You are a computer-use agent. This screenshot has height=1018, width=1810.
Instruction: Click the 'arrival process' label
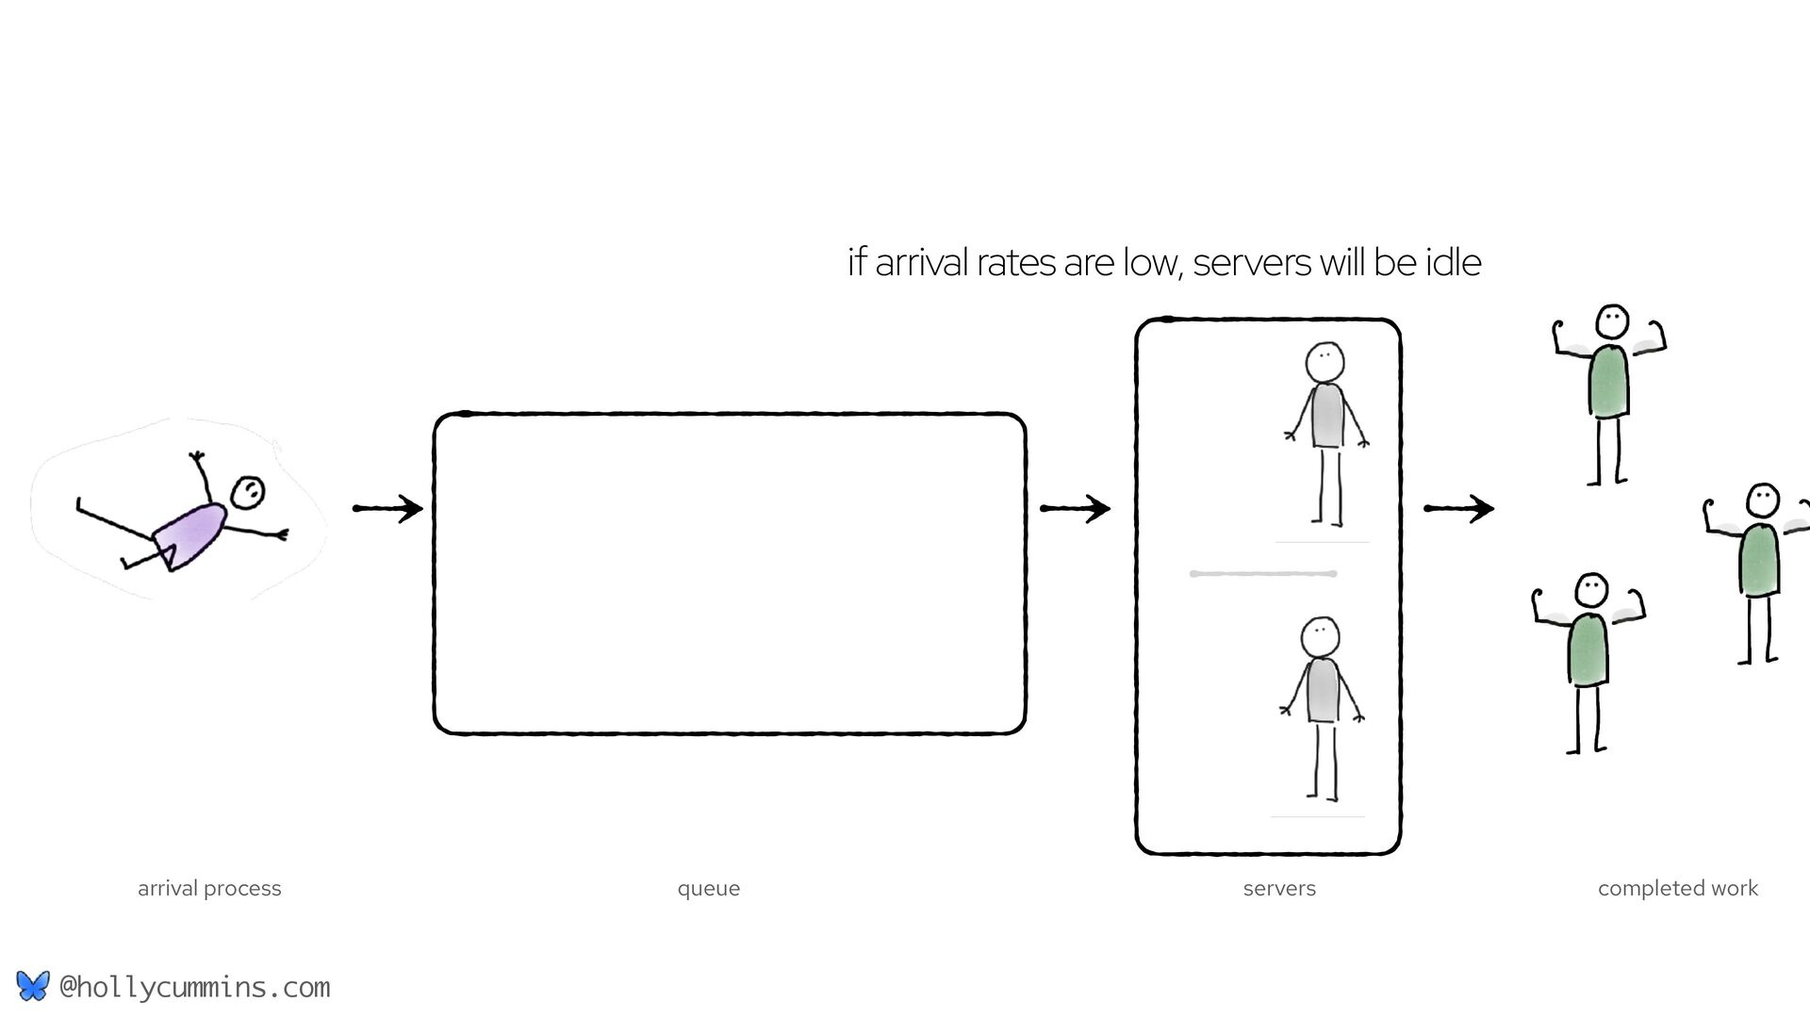pos(209,888)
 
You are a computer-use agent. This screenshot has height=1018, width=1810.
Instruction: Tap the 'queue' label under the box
pos(709,888)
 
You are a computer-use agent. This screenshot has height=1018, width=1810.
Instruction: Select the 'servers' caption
pos(1279,888)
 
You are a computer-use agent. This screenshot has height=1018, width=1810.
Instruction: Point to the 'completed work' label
pos(1678,888)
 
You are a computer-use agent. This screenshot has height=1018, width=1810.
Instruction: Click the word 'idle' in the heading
pos(1453,262)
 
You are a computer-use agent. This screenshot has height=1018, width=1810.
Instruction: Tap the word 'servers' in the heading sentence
pos(1251,262)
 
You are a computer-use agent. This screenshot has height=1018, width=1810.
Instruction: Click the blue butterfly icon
pos(32,986)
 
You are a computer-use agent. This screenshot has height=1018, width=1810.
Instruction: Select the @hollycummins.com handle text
pos(195,987)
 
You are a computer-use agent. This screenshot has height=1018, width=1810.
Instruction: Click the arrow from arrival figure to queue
pos(387,509)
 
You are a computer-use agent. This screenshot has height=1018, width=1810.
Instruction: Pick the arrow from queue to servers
pos(1075,509)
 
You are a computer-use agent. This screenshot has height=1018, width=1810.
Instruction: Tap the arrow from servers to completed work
pos(1458,509)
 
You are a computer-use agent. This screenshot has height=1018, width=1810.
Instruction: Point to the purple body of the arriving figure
pos(191,534)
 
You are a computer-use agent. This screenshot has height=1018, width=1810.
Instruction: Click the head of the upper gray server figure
pos(1325,361)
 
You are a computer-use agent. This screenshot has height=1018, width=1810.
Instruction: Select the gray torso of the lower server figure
pos(1323,690)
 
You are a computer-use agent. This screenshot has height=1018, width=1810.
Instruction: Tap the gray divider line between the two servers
pos(1263,573)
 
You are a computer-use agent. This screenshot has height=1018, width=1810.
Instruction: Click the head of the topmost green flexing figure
pos(1612,321)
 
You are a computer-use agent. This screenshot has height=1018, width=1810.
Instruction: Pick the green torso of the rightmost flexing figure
pos(1759,558)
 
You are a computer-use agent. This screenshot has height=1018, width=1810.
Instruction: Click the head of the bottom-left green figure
pos(1591,590)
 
